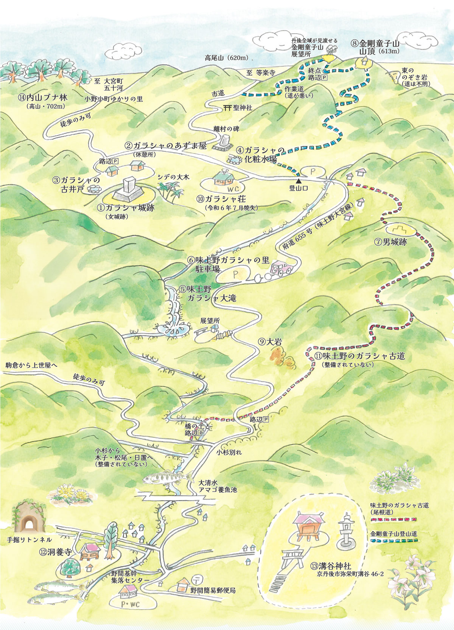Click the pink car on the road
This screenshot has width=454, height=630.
pos(282,268)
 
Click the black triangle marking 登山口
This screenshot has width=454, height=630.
pos(299,180)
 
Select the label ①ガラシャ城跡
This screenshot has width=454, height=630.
pos(126,208)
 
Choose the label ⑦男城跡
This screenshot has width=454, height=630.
pos(391,242)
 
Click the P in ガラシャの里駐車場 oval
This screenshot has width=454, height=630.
pos(235,273)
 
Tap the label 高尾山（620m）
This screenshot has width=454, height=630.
pos(226,58)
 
